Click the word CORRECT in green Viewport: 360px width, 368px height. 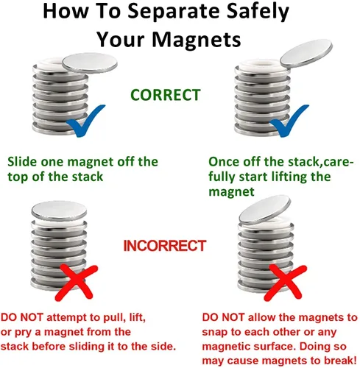pyautogui.click(x=166, y=95)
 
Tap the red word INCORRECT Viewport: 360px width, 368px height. pyautogui.click(x=164, y=246)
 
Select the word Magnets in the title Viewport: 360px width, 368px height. pyautogui.click(x=197, y=39)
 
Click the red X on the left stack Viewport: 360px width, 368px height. pyautogui.click(x=76, y=283)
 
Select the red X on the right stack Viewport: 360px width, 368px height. pyautogui.click(x=285, y=283)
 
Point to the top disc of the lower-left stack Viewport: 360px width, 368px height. pyautogui.click(x=59, y=210)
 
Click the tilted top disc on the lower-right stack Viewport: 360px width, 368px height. pyautogui.click(x=265, y=209)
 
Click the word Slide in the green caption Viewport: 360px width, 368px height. pyautogui.click(x=22, y=162)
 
